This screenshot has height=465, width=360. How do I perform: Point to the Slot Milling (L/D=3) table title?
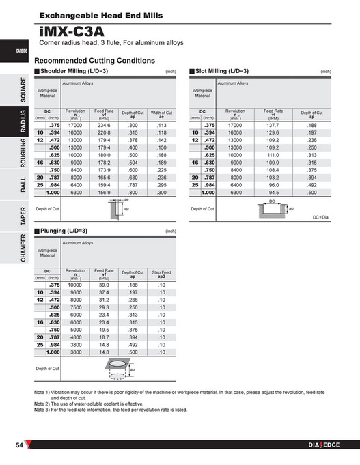(222, 71)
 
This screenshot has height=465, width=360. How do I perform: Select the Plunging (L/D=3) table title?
(66, 231)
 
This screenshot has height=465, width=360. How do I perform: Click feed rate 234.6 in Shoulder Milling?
(104, 126)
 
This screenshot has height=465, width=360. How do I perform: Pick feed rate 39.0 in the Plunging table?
(104, 285)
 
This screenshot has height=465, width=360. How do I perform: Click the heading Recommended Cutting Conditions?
(94, 60)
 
